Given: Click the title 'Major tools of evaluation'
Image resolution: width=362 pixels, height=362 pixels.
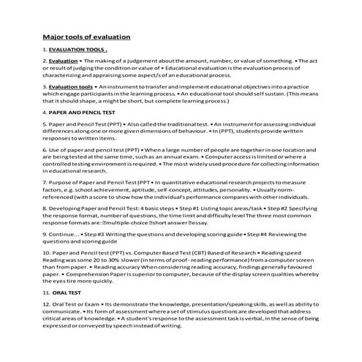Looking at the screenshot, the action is click(x=86, y=36).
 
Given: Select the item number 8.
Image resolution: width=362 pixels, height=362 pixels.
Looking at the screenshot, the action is click(x=45, y=209).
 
